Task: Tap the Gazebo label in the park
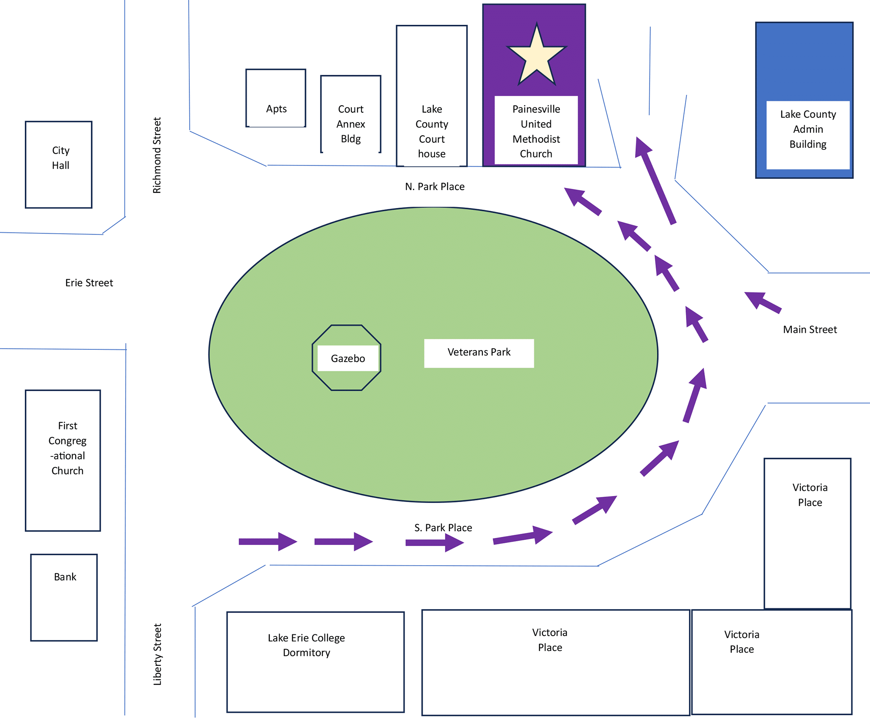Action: coord(348,358)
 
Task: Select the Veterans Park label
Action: coord(479,353)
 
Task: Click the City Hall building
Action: coord(59,164)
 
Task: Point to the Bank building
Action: coord(64,597)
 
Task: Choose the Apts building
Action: coord(276,98)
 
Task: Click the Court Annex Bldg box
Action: coord(351,114)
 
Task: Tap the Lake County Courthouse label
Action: coord(432,131)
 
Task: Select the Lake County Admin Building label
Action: coord(808,129)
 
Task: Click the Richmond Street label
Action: coord(157,155)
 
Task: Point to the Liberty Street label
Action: coord(157,654)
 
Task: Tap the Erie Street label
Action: coord(89,283)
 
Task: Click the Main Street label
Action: coord(810,330)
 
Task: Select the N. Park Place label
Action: coord(435,187)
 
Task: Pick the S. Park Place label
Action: coord(443,528)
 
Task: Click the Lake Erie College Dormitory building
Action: coord(315,662)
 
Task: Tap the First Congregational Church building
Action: coord(63,460)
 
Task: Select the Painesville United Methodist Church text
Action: coord(536,131)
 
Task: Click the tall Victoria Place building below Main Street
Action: coord(807,533)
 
